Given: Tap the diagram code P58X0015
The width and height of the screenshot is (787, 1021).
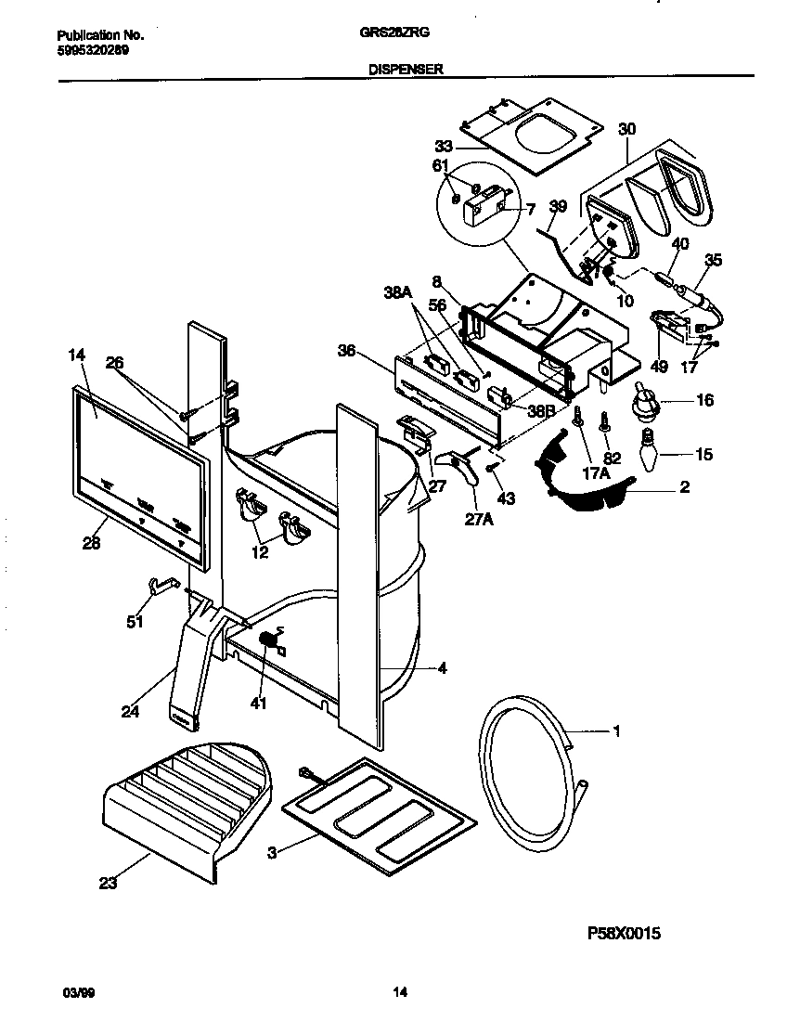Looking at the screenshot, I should (x=622, y=934).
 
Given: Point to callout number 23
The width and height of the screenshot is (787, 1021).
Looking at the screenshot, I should (x=108, y=884).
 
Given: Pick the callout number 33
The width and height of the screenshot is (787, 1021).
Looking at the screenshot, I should (x=444, y=146).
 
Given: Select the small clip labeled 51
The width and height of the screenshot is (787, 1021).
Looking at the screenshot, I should (x=160, y=587).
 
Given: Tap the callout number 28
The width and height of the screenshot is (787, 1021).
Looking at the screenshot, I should (x=91, y=544).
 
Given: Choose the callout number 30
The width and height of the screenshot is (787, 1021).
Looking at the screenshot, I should (x=627, y=129).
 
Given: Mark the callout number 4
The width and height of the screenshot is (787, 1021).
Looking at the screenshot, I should (x=442, y=667).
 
